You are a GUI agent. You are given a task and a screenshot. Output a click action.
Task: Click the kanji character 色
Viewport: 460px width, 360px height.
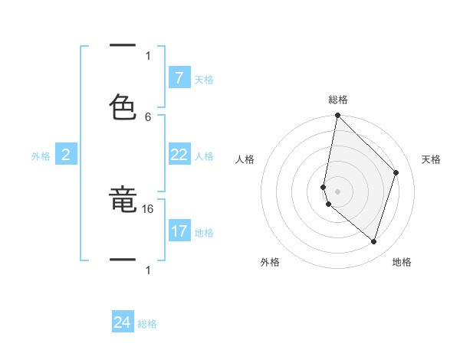(123, 107)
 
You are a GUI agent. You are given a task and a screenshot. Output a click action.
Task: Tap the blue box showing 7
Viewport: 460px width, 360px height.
(179, 78)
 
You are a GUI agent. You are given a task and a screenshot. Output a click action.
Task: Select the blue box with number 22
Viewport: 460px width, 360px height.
(179, 155)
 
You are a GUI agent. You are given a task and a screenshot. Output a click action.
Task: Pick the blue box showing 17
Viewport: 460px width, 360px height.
(179, 231)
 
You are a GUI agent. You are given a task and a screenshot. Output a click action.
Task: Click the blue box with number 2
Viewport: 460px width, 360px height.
(66, 155)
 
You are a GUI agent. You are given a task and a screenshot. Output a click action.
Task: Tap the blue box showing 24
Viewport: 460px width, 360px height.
(123, 322)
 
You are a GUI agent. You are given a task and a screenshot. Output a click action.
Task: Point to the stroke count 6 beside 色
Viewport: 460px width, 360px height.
(148, 116)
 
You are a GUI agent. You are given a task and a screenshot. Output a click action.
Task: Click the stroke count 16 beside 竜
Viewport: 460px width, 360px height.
(149, 208)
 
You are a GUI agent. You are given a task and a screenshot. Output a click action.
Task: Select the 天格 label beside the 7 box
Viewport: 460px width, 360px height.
(204, 80)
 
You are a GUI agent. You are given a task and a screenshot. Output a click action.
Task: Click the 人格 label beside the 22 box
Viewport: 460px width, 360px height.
(204, 156)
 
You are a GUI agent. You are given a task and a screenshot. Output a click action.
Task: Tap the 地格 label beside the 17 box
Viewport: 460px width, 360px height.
(204, 233)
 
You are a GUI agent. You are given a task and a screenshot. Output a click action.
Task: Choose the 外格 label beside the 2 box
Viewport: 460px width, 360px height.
(41, 156)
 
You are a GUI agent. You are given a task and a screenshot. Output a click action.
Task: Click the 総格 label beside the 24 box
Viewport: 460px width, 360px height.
(147, 324)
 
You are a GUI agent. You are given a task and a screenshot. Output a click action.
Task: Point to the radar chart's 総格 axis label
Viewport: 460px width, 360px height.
(338, 100)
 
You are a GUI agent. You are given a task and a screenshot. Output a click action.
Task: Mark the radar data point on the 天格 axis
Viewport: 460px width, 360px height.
(396, 172)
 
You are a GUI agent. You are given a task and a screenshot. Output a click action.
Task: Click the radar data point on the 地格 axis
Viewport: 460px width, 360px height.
(373, 241)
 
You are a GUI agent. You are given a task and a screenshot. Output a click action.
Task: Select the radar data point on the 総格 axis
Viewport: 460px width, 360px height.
(337, 116)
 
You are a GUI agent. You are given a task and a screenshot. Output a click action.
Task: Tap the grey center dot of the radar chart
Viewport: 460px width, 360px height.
(337, 191)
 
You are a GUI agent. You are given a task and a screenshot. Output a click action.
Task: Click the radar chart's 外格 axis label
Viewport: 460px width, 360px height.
(269, 262)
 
